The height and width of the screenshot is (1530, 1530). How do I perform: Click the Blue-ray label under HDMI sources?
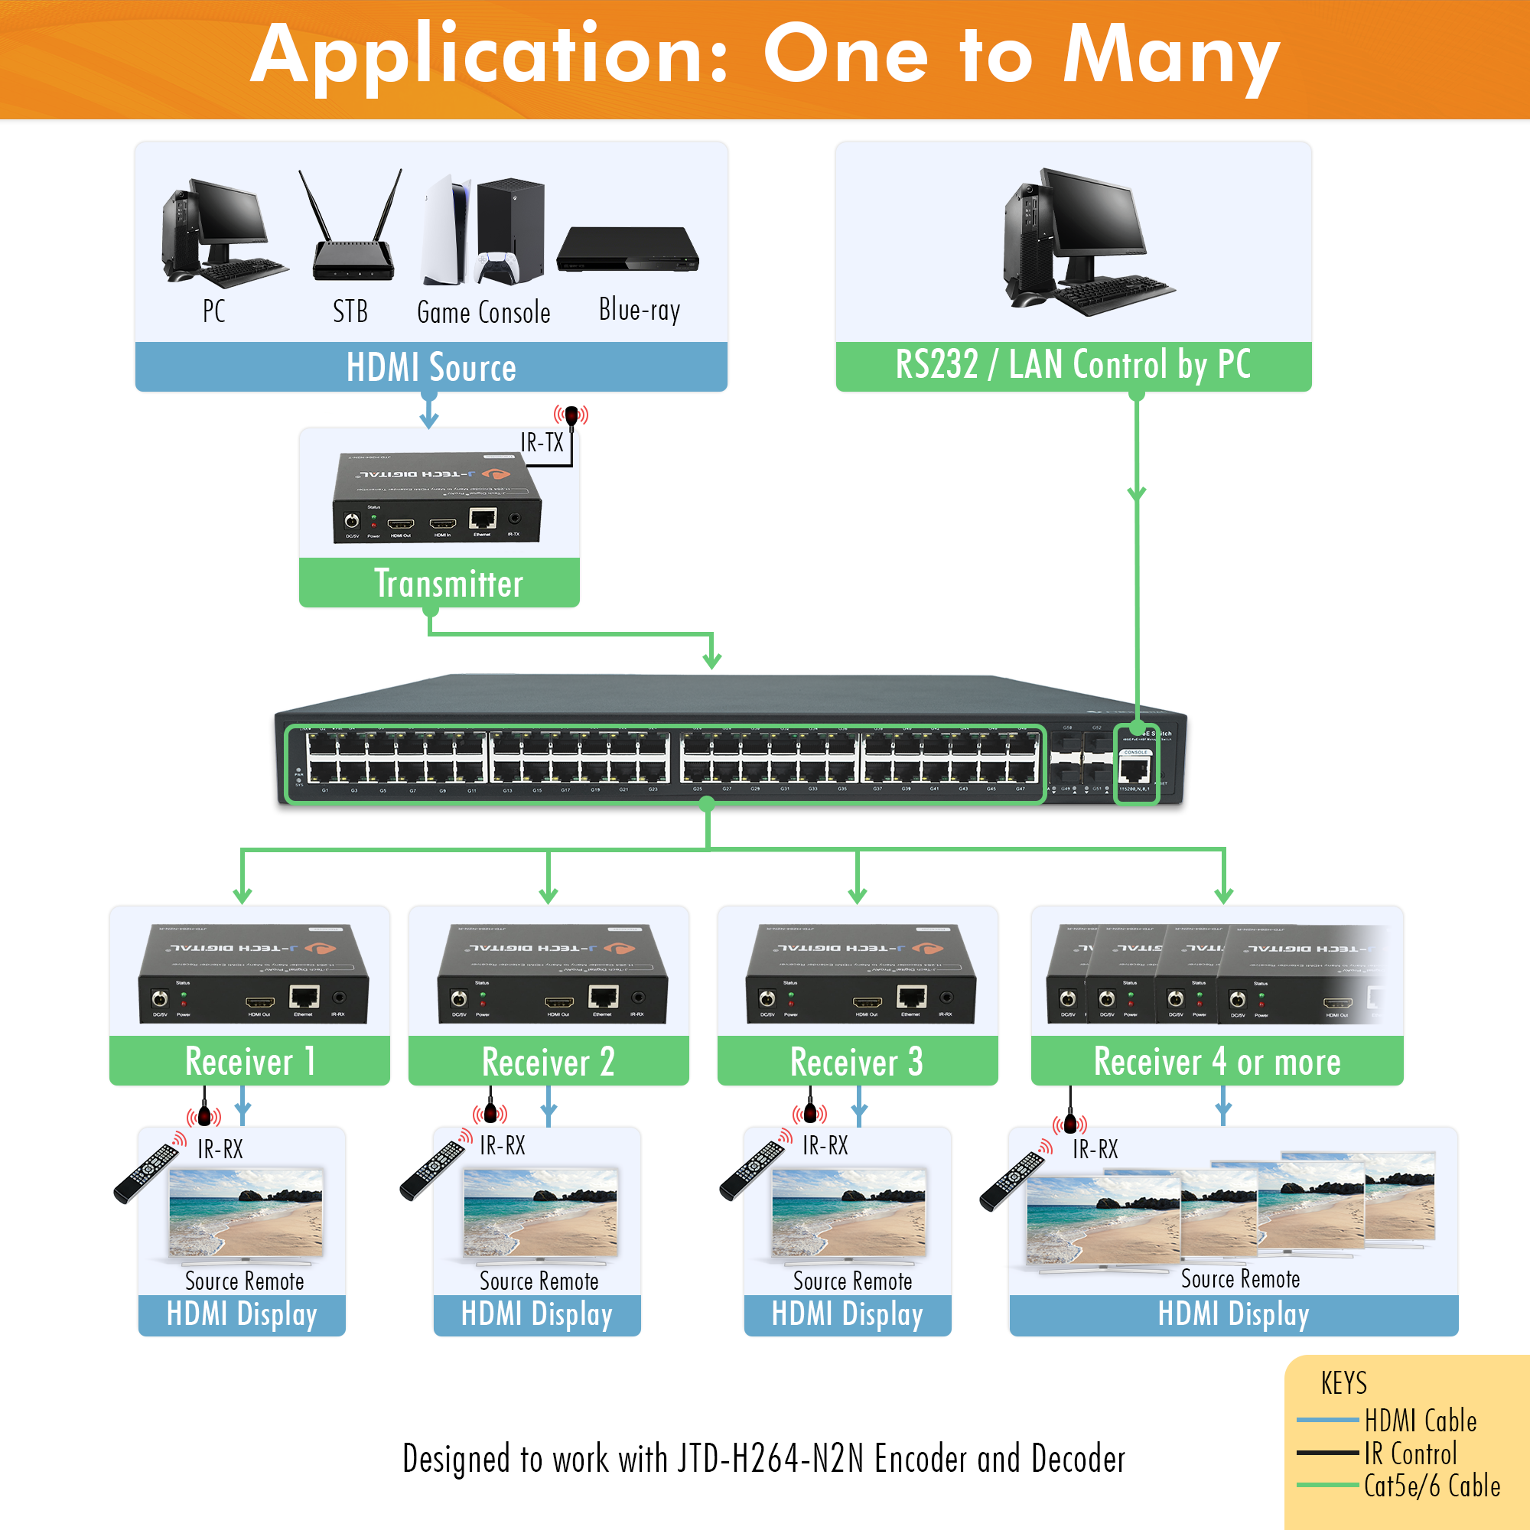pyautogui.click(x=639, y=310)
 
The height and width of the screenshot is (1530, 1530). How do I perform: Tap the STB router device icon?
pyautogui.click(x=352, y=229)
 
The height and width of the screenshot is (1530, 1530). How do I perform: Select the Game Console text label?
pyautogui.click(x=483, y=312)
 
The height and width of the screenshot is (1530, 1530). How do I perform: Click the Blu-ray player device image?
pyautogui.click(x=627, y=249)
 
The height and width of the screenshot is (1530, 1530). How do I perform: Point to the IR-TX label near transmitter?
pyautogui.click(x=542, y=442)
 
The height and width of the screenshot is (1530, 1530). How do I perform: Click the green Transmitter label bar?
pyautogui.click(x=440, y=583)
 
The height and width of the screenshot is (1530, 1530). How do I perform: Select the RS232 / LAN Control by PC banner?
pyautogui.click(x=1073, y=366)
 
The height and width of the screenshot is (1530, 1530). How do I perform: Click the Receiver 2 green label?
pyautogui.click(x=548, y=1061)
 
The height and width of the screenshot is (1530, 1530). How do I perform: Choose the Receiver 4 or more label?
pyautogui.click(x=1216, y=1061)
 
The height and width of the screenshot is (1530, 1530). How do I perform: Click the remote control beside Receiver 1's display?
pyautogui.click(x=147, y=1172)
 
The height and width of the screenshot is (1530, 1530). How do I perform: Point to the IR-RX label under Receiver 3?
pyautogui.click(x=825, y=1145)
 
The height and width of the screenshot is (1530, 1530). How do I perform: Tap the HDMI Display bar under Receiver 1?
pyautogui.click(x=242, y=1314)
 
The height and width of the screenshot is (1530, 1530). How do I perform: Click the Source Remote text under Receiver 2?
pyautogui.click(x=539, y=1281)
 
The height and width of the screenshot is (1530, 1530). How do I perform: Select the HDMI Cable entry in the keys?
pyautogui.click(x=1420, y=1421)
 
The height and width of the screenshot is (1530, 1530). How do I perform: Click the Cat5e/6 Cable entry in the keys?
pyautogui.click(x=1431, y=1486)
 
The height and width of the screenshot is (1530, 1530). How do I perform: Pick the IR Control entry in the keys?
pyautogui.click(x=1410, y=1453)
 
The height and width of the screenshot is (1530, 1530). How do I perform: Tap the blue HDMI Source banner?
pyautogui.click(x=431, y=367)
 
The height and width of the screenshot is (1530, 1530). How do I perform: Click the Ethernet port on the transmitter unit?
pyautogui.click(x=482, y=519)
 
